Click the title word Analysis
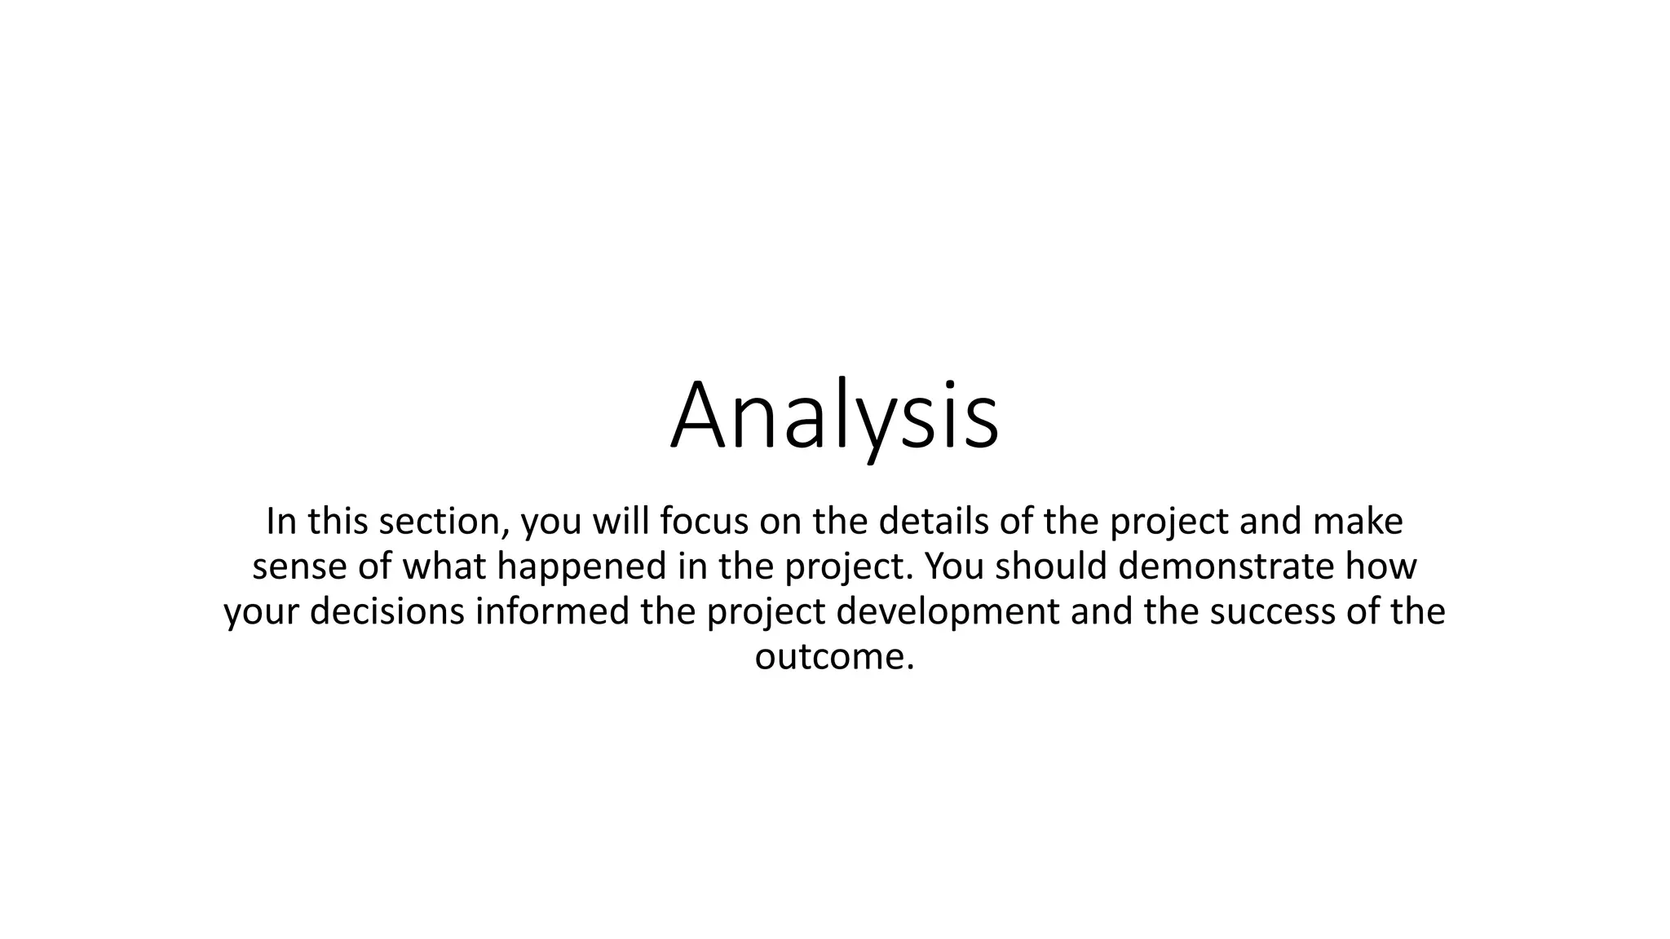coord(834,416)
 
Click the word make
coord(1358,522)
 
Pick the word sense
coord(299,567)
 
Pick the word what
coord(444,567)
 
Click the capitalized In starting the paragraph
coord(280,522)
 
